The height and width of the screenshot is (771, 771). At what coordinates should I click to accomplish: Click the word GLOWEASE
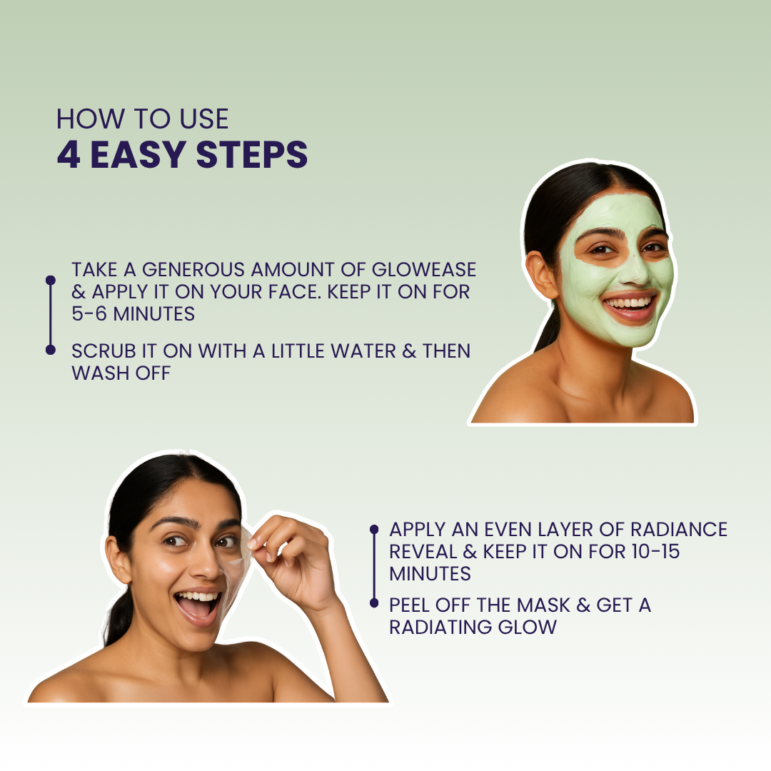(x=424, y=269)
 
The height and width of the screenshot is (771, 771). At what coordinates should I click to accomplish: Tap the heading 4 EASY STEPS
(x=183, y=155)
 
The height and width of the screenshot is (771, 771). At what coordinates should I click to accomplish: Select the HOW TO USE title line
(x=143, y=119)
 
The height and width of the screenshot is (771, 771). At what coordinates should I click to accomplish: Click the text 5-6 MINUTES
(x=133, y=313)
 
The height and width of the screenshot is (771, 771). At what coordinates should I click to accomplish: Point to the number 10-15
(x=655, y=551)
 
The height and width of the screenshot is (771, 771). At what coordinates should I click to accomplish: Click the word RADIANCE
(x=679, y=530)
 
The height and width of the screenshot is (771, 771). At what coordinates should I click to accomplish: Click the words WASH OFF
(x=121, y=373)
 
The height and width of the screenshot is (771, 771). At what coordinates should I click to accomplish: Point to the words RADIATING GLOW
(x=473, y=627)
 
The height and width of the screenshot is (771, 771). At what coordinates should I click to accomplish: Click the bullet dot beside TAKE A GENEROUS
(x=51, y=281)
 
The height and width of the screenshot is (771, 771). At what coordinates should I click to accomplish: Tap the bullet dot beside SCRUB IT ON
(x=51, y=350)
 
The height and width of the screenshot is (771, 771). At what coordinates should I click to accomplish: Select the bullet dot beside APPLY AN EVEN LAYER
(x=374, y=529)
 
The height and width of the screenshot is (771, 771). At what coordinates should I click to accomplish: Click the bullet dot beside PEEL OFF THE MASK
(x=374, y=603)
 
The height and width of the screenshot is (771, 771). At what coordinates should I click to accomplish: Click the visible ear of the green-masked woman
(x=542, y=275)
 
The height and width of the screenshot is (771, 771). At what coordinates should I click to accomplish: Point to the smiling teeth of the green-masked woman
(x=630, y=302)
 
